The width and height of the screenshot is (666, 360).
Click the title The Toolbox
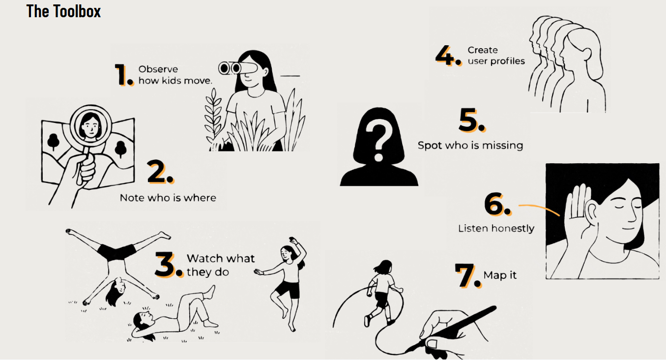[x=63, y=11]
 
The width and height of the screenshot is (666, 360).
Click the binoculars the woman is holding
[x=237, y=68]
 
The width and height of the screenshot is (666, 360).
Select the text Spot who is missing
[x=470, y=146]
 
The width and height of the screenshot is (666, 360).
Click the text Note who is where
[x=168, y=198]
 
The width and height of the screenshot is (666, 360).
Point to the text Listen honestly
[x=496, y=229]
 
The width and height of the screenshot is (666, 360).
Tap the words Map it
[x=500, y=275]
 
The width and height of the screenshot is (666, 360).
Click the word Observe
[x=158, y=69]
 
